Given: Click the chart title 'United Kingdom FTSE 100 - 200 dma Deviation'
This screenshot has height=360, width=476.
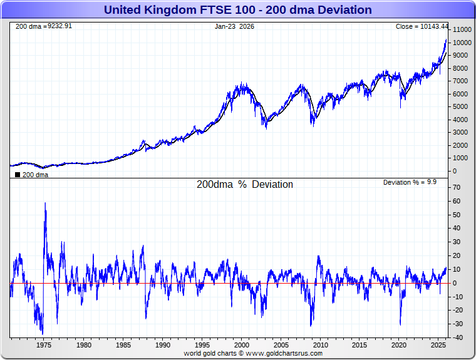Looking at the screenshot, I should pos(237,10).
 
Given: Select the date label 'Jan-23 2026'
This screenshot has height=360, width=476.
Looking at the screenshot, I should pos(234,27).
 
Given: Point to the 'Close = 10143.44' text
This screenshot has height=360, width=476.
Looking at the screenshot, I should pos(422,27).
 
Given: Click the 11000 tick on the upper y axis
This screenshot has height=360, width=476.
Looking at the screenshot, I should pos(463,30).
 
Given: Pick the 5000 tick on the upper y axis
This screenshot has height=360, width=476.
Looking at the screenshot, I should pos(461,107).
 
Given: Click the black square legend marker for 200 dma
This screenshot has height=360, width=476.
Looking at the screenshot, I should pos(17,175).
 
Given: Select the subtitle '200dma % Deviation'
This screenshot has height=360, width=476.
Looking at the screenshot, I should pos(245,185).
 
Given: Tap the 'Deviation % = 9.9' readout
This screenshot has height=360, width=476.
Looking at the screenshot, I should pos(410,182).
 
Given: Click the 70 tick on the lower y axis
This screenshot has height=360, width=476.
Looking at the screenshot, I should pos(457,188).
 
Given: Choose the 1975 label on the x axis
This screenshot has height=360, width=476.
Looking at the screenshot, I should pos(44,345).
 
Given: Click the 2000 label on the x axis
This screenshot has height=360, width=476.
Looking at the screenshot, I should pos(242,345).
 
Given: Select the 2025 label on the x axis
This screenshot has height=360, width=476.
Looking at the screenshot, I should pos(439,345).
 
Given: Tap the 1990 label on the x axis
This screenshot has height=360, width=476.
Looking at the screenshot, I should pos(162,345).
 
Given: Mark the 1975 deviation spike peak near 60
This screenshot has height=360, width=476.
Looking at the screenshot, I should pos(45,203).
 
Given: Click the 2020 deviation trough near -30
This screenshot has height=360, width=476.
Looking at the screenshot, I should pos(400,324).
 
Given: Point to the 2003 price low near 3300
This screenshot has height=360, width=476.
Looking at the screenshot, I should pos(267,128).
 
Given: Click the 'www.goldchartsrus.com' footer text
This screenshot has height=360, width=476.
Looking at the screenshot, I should pos(284,353).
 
